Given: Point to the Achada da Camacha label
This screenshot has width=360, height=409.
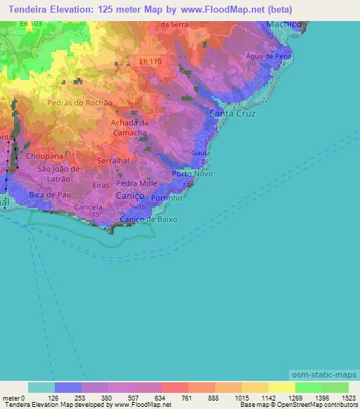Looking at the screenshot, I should pos(129,127).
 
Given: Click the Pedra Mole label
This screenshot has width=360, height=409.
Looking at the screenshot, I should pos(137,183).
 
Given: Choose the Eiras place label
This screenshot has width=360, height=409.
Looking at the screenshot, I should pos(101,185).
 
